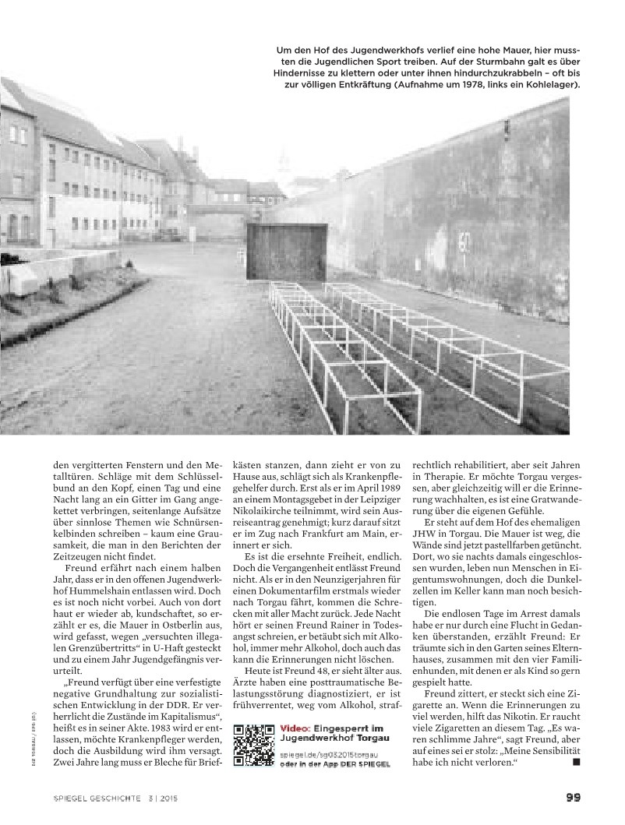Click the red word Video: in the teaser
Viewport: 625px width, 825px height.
(x=296, y=728)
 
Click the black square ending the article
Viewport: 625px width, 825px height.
(x=575, y=761)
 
